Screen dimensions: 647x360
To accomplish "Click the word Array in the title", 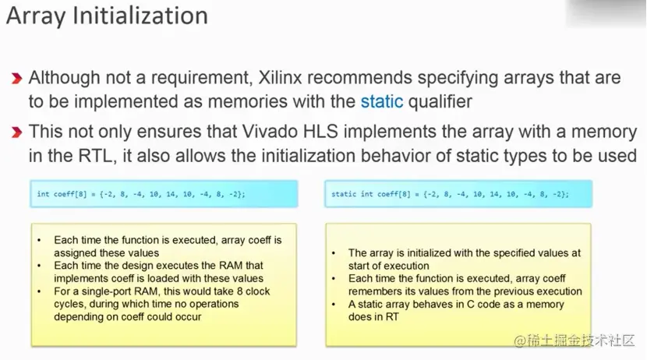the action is tap(36, 17).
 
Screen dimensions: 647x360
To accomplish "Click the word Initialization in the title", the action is tap(140, 16).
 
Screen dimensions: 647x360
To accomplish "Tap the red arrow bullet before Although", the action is tap(16, 78).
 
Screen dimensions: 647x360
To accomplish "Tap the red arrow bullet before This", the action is tap(16, 132).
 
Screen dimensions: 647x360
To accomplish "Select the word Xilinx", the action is tap(280, 77).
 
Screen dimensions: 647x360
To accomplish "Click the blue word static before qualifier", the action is tap(382, 101).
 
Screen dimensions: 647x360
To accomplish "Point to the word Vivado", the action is tap(270, 132).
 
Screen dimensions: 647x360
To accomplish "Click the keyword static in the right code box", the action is tap(343, 194).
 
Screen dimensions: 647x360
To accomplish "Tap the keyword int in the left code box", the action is tap(43, 194).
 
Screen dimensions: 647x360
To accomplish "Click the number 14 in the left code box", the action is tap(171, 194).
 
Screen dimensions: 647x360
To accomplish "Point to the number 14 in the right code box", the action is tap(494, 194).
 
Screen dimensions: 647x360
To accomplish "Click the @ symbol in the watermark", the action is tap(520, 341).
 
